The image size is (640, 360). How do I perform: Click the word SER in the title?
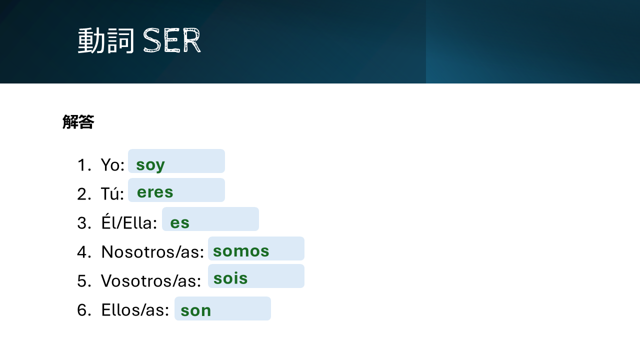pos(171,40)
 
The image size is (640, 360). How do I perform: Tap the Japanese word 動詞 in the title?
pos(106,40)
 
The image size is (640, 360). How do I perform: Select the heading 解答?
pos(78,122)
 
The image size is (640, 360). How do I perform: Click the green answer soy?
pos(150,165)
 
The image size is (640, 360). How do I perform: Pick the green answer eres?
pos(155,192)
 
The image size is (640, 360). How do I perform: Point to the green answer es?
pos(179,223)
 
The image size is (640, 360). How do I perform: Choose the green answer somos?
pos(241,251)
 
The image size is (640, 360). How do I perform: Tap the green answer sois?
pos(230,278)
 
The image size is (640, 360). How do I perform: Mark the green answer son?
pos(196,311)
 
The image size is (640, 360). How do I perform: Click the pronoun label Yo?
pos(113,165)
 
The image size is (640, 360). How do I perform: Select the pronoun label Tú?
pos(112,193)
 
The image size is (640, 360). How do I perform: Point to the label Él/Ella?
pos(129,222)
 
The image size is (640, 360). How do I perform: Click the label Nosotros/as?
pos(153,252)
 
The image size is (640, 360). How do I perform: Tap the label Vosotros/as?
pos(151,281)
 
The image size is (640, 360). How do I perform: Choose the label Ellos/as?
pos(135,310)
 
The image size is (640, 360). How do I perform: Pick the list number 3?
pos(84,223)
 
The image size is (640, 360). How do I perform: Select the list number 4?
pos(84,252)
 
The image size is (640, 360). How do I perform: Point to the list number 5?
pos(84,281)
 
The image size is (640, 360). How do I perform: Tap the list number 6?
pos(84,310)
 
